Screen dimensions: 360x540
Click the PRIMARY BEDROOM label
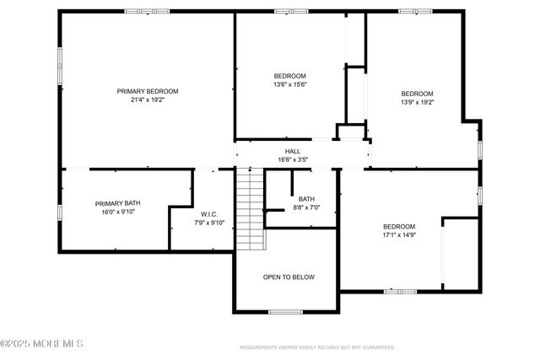(148, 91)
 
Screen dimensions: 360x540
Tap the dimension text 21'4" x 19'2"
(148, 100)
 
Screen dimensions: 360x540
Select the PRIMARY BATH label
(117, 203)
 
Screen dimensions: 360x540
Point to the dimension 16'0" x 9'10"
(117, 212)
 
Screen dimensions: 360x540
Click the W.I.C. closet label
(209, 213)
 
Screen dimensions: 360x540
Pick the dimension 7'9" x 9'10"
(209, 223)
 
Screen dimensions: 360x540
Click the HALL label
(292, 151)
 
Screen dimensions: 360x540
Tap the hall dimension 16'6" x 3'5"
(292, 159)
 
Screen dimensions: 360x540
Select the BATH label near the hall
(305, 199)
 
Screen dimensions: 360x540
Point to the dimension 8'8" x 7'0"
(305, 207)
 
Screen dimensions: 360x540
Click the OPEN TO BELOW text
(289, 277)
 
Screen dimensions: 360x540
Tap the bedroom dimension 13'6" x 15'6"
(290, 84)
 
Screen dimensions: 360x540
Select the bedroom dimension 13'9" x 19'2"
(417, 102)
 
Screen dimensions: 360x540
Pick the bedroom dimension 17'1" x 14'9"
(399, 235)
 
